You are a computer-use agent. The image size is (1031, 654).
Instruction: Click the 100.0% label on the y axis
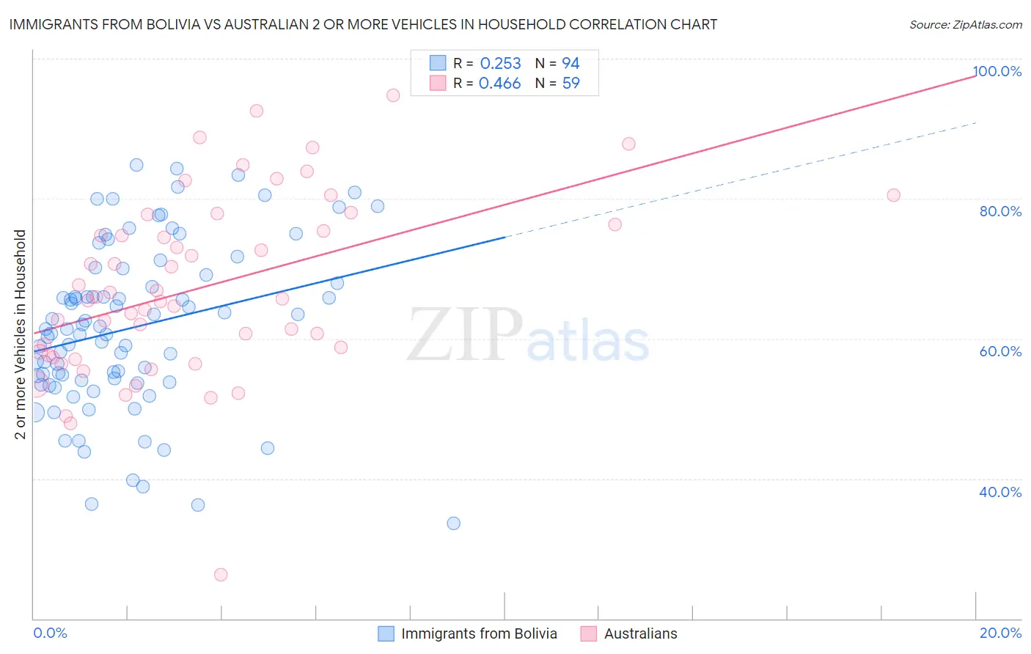point(997,71)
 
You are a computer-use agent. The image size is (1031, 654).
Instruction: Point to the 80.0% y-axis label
point(1000,211)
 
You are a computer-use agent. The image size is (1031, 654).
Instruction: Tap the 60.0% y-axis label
point(1000,351)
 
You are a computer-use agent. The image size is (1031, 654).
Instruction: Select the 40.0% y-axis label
point(1000,492)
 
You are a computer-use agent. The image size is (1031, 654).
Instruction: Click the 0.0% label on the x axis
point(50,633)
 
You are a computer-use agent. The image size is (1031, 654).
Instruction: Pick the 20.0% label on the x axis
point(1000,633)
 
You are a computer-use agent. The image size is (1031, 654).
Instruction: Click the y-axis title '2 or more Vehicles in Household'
point(21,334)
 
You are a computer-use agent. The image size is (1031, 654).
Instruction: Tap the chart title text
point(363,24)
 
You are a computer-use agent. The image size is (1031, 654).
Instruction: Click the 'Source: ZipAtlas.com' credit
point(965,24)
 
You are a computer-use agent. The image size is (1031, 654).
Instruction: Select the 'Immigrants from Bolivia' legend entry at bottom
point(479,633)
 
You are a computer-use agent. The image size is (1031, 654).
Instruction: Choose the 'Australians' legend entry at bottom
point(640,633)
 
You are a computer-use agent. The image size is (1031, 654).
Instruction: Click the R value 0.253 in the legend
point(500,64)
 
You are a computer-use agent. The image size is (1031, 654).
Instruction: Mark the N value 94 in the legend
point(570,64)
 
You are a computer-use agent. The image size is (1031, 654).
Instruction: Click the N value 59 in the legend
point(570,84)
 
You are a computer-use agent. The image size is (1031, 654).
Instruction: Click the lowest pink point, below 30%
point(221,575)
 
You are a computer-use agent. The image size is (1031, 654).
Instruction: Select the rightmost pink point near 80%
point(893,195)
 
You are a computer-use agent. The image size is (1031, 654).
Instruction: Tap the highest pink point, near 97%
point(393,95)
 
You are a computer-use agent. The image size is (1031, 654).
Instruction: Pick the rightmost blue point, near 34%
point(454,523)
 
